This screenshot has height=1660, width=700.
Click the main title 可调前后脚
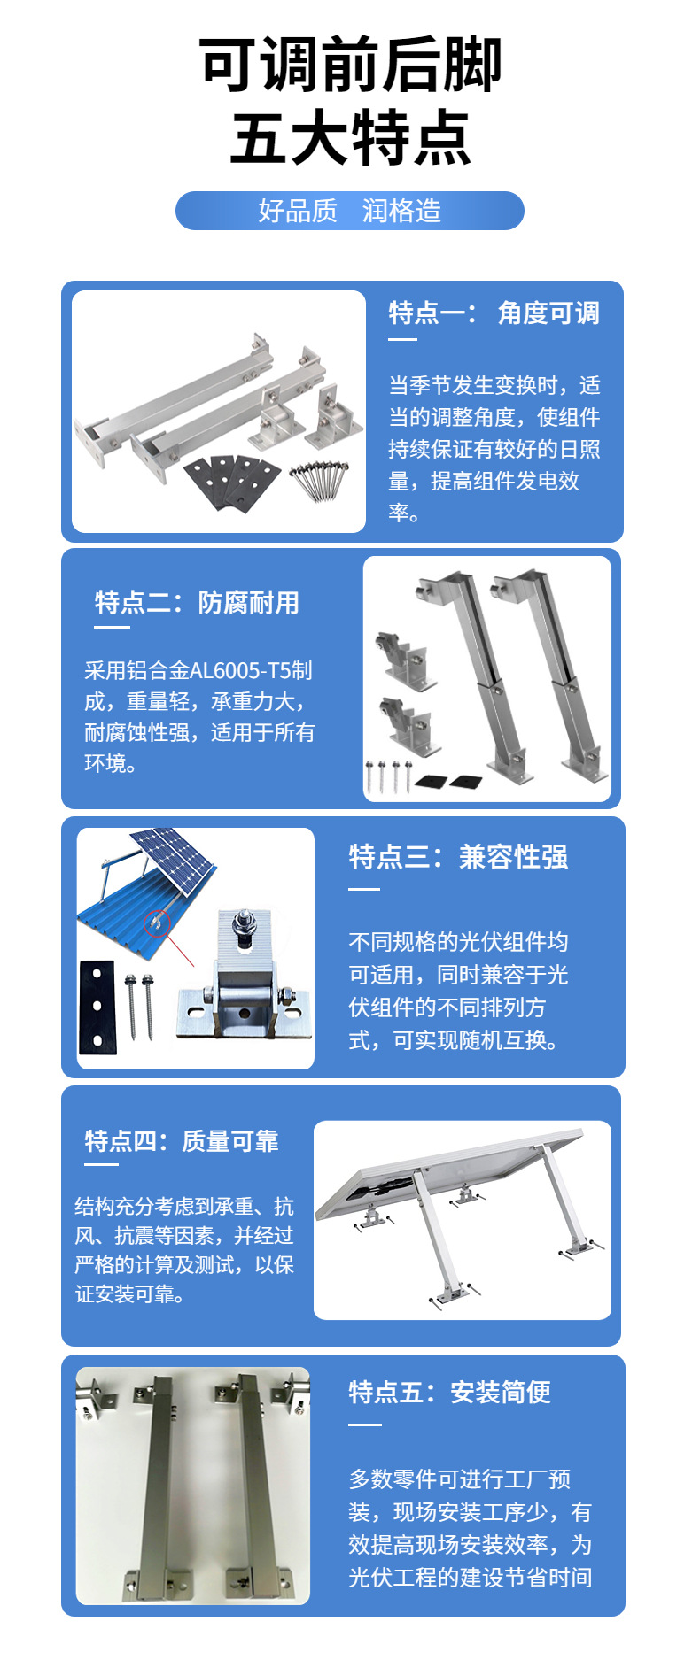click(x=350, y=64)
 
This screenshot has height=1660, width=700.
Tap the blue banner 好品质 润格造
click(x=350, y=211)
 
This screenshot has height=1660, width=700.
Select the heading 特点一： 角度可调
click(x=494, y=313)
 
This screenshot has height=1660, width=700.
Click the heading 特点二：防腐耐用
click(x=197, y=603)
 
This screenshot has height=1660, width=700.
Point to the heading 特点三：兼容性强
click(x=458, y=857)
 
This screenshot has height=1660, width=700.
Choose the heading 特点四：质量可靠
click(x=182, y=1141)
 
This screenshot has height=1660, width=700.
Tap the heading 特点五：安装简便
click(x=449, y=1392)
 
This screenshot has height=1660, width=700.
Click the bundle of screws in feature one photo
click(x=320, y=478)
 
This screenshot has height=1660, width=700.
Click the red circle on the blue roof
click(x=156, y=923)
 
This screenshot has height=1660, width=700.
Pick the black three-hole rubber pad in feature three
click(x=97, y=1007)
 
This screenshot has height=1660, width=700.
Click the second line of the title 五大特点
click(x=350, y=139)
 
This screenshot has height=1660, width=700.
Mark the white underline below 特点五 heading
click(x=364, y=1425)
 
